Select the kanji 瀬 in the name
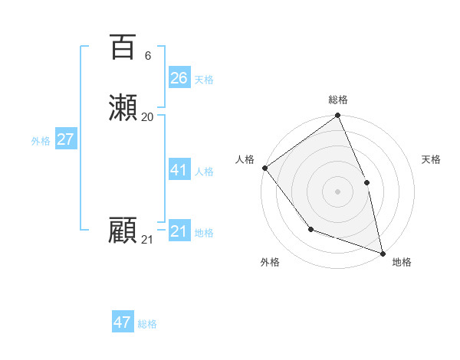pos(123,108)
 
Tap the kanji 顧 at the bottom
pos(123,231)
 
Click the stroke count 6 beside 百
pos(148,56)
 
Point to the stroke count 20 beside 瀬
pos(148,117)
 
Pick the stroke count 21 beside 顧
pos(147,240)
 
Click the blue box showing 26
pos(179,78)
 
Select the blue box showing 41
pos(179,170)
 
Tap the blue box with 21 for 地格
pos(179,231)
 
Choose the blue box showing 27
pos(66,139)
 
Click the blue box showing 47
pos(123,322)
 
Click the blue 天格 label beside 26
pos(204,80)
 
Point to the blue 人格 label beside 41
pos(204,172)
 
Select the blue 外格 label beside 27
pos(41,141)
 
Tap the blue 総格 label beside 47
pos(147,324)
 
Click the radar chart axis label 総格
pos(338,100)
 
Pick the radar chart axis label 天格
pos(431,159)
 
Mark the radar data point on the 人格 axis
pos(264,168)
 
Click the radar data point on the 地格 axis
pos(383,253)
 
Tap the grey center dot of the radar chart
pos(338,191)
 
